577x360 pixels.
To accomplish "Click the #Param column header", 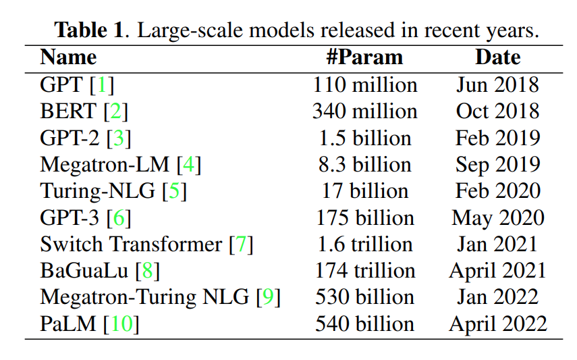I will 364,57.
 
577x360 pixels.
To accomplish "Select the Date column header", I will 497,57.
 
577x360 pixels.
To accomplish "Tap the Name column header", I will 68,57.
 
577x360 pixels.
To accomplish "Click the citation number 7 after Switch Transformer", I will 241,245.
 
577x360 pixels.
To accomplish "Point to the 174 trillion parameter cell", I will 365,271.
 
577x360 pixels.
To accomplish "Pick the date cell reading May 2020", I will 497,218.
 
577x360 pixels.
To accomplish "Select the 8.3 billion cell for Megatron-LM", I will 365,165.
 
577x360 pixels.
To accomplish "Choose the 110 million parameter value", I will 365,85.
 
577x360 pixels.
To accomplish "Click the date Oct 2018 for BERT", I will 497,111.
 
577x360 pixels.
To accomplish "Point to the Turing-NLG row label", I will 99,191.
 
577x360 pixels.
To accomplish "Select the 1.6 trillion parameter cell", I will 365,245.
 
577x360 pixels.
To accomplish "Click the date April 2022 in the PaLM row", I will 497,324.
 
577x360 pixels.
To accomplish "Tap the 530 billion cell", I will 365,297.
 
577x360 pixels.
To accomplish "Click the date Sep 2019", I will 497,165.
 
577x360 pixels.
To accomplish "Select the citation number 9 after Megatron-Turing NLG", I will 269,297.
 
